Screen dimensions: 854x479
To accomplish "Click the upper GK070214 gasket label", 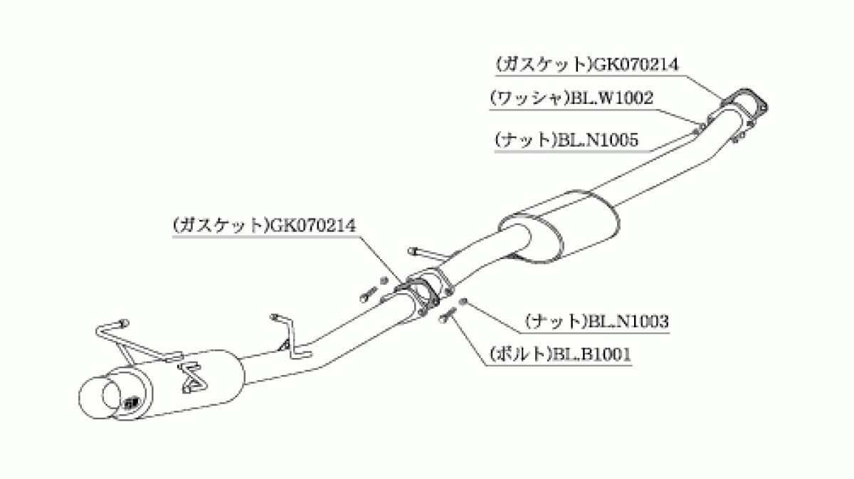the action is pyautogui.click(x=587, y=65).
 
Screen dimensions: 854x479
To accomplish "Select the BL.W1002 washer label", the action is pyautogui.click(x=571, y=98).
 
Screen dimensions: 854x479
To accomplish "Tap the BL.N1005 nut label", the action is pyautogui.click(x=566, y=140).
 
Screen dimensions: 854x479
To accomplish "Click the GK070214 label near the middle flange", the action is pyautogui.click(x=264, y=226).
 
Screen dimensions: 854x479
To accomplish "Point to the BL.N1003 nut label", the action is pyautogui.click(x=597, y=322).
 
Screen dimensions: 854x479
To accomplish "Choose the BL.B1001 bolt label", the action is pyautogui.click(x=561, y=354).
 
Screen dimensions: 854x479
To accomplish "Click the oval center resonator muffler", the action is pyautogui.click(x=559, y=227).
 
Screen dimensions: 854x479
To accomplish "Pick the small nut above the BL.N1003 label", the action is pyautogui.click(x=463, y=302).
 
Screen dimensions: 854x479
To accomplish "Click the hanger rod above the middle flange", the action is pyautogui.click(x=425, y=255).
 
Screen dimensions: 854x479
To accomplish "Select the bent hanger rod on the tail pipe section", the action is pyautogui.click(x=292, y=337).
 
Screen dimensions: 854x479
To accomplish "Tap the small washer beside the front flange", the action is pyautogui.click(x=701, y=125).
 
